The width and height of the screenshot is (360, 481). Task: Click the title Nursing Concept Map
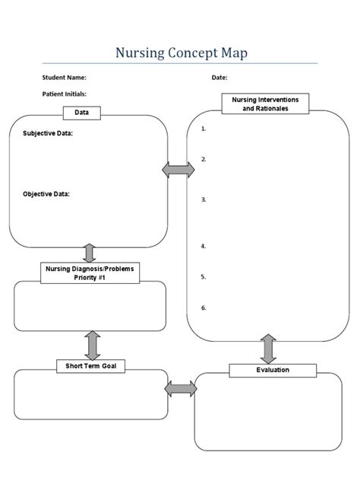(x=181, y=53)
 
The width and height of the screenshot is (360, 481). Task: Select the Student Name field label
(x=65, y=78)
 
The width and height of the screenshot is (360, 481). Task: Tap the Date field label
(x=219, y=78)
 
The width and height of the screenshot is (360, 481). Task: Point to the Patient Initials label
(x=65, y=94)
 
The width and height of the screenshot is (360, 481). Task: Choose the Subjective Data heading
(x=48, y=133)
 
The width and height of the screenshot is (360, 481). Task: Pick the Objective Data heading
(x=46, y=193)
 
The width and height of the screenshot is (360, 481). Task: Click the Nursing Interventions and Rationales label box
(x=265, y=104)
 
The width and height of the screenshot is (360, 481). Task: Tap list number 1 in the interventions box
(x=204, y=129)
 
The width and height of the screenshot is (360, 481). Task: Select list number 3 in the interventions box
(x=204, y=199)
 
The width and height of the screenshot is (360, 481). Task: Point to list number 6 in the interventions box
(x=204, y=307)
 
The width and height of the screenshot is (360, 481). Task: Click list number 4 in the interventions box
(x=204, y=246)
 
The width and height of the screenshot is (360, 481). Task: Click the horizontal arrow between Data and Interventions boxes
(x=178, y=170)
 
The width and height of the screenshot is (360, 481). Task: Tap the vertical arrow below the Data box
(x=89, y=253)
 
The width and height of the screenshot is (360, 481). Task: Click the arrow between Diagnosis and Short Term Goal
(x=93, y=345)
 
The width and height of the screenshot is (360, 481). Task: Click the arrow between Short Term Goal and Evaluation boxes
(x=181, y=389)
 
